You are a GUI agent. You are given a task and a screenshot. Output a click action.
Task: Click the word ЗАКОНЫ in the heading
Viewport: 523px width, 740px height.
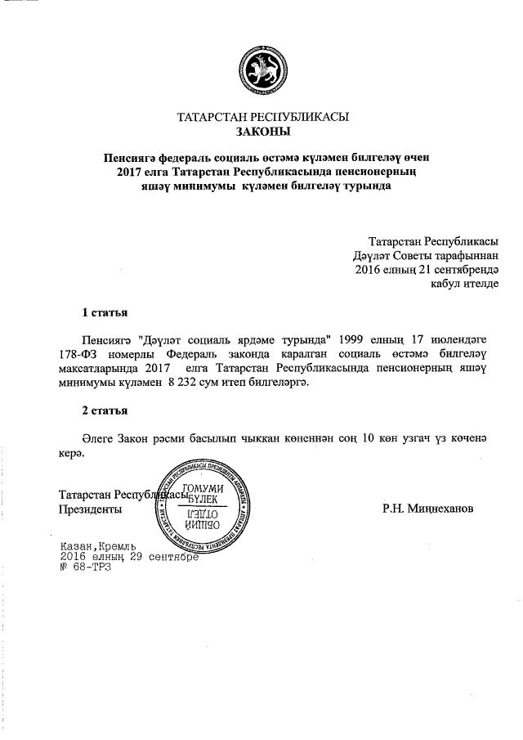(x=262, y=131)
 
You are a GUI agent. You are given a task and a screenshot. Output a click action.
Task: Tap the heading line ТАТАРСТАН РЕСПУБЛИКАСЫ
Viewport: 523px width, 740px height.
(x=262, y=117)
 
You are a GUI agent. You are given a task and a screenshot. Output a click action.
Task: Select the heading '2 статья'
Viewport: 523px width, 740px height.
(x=104, y=410)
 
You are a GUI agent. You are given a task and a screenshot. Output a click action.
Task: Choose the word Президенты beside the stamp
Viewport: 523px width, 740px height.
(x=92, y=509)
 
